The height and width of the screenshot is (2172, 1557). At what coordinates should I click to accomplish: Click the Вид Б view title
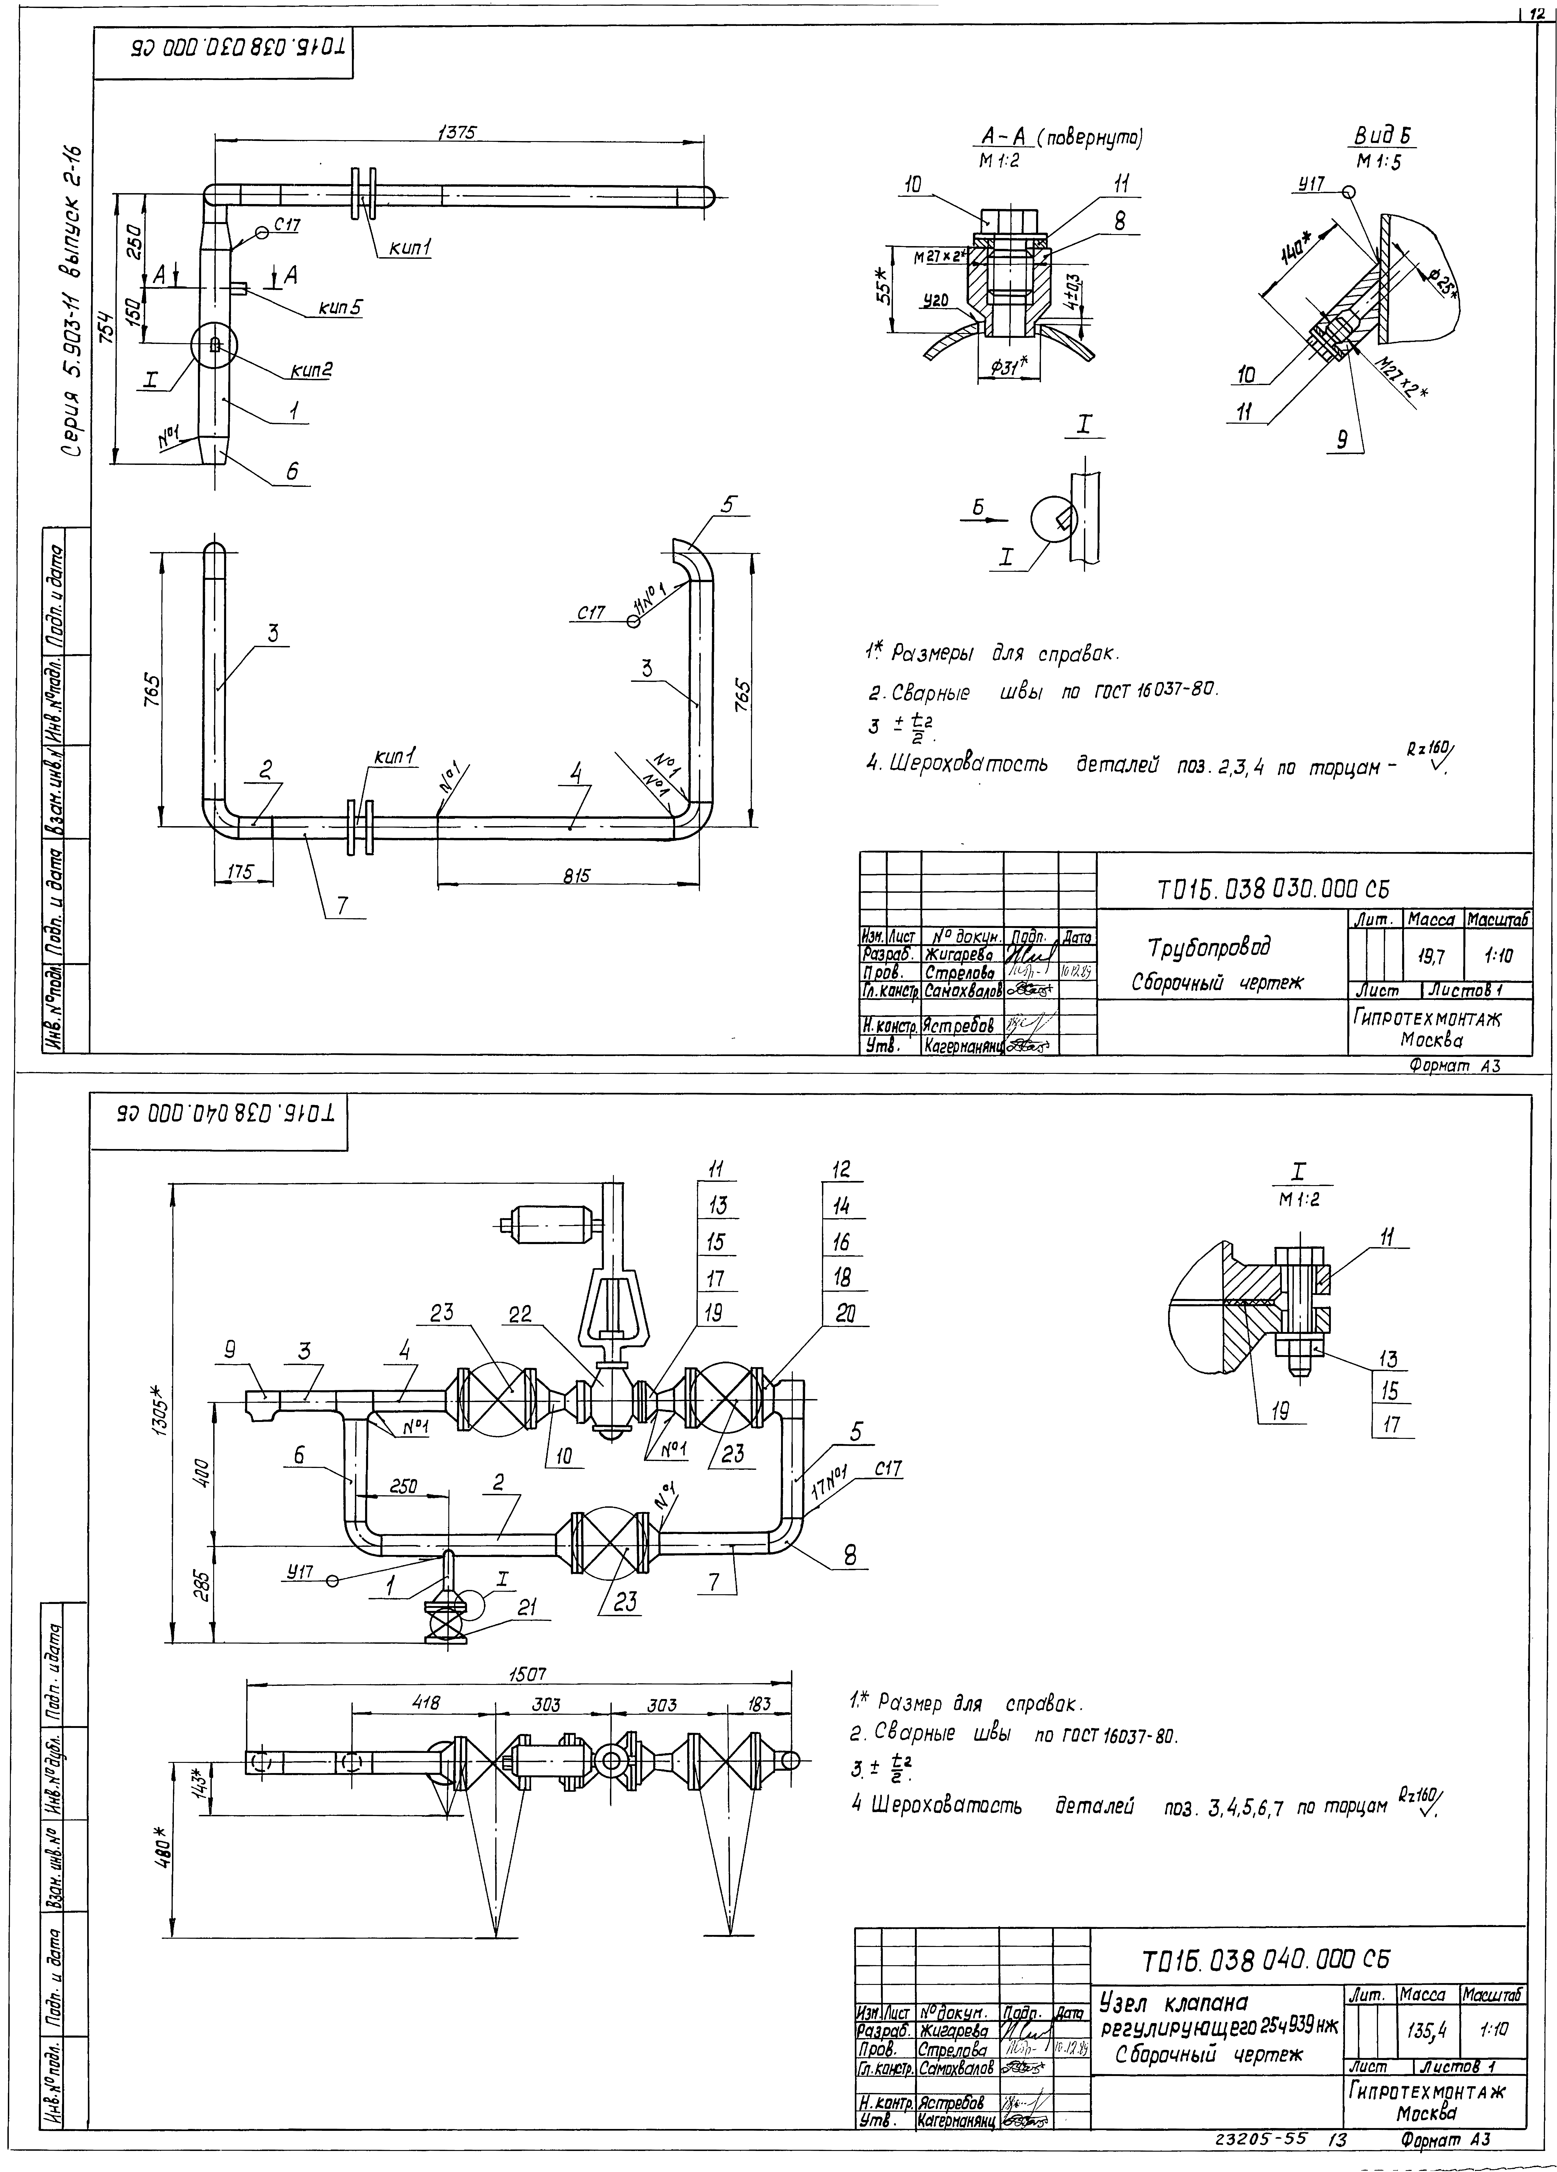(1384, 139)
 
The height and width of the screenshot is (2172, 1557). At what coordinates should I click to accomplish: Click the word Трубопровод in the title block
(1210, 948)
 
